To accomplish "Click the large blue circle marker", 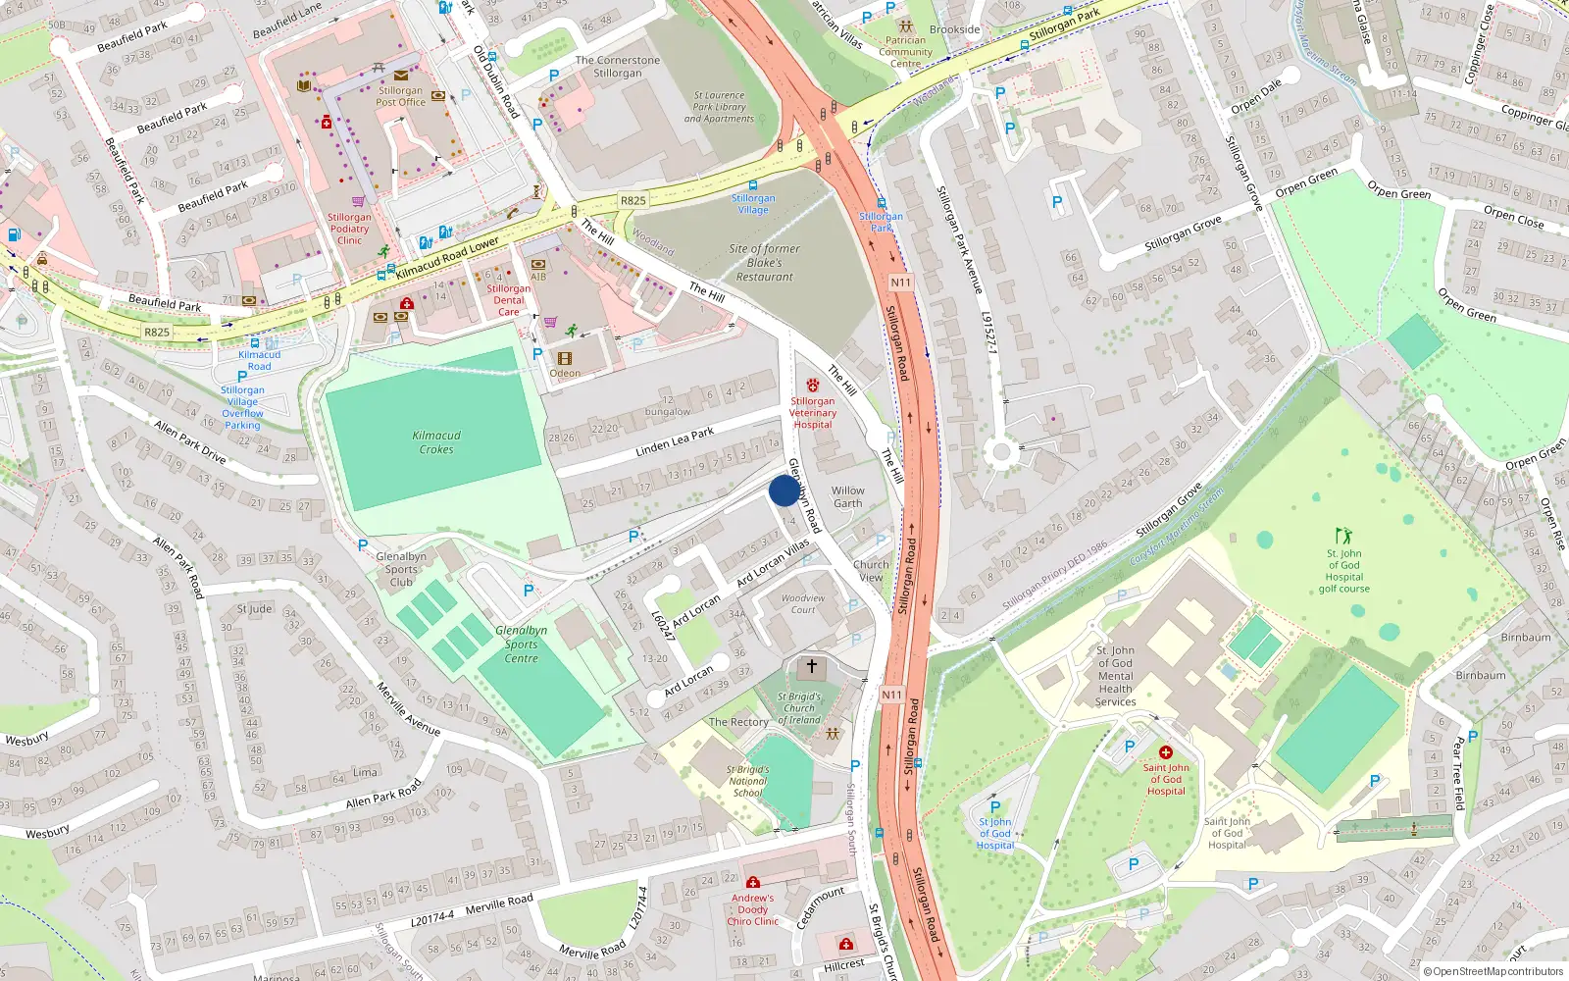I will pyautogui.click(x=784, y=490).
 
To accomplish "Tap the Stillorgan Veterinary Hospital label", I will pyautogui.click(x=813, y=412).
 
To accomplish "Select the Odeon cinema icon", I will pyautogui.click(x=565, y=359).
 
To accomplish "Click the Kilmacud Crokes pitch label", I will pyautogui.click(x=436, y=442).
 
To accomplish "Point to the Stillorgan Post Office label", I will pyautogui.click(x=400, y=96).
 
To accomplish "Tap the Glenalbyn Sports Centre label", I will pyautogui.click(x=521, y=645).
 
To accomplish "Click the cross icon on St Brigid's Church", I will pyautogui.click(x=811, y=667).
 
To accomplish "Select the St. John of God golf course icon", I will pyautogui.click(x=1343, y=536).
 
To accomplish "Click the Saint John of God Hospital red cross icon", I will pyautogui.click(x=1166, y=752).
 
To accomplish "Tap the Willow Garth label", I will pyautogui.click(x=848, y=497).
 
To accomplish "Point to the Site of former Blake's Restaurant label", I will pyautogui.click(x=765, y=263).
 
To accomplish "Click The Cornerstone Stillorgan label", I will pyautogui.click(x=618, y=67).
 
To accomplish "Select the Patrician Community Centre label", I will pyautogui.click(x=905, y=52).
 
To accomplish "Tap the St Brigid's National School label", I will pyautogui.click(x=747, y=781).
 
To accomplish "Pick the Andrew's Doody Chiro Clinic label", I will pyautogui.click(x=752, y=909).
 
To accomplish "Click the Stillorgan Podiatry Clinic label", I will pyautogui.click(x=349, y=229).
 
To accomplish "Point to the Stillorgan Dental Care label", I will pyautogui.click(x=509, y=300).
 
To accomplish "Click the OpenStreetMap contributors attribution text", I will pyautogui.click(x=1493, y=971).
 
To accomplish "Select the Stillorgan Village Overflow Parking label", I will pyautogui.click(x=242, y=407).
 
